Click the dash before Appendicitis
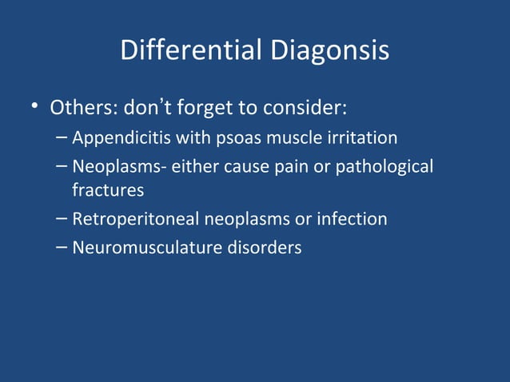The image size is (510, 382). point(62,137)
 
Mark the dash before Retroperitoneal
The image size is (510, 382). point(62,217)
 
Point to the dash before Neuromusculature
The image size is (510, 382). point(62,247)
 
